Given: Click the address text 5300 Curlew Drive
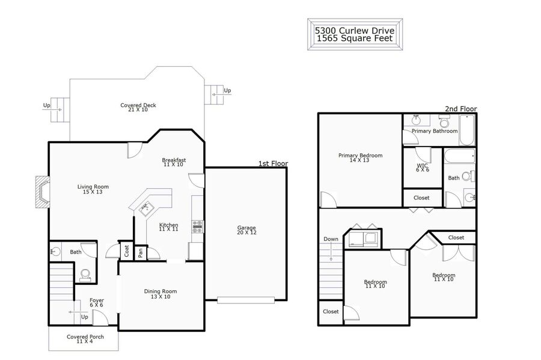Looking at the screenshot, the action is (354, 30).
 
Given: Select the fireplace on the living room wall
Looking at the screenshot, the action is (43, 192).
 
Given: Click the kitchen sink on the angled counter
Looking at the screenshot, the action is (147, 209).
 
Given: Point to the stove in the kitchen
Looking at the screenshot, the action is (198, 227).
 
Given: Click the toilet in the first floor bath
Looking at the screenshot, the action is (85, 275).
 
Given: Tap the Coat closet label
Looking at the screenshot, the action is (126, 251).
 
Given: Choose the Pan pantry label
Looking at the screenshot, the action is (141, 253).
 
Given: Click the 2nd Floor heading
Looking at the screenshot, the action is (460, 109).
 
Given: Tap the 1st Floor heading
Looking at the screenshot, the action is (274, 163).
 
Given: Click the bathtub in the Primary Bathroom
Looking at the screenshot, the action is (468, 130).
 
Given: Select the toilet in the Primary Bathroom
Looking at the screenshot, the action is (444, 121).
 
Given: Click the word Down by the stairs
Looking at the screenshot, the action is (331, 239).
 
